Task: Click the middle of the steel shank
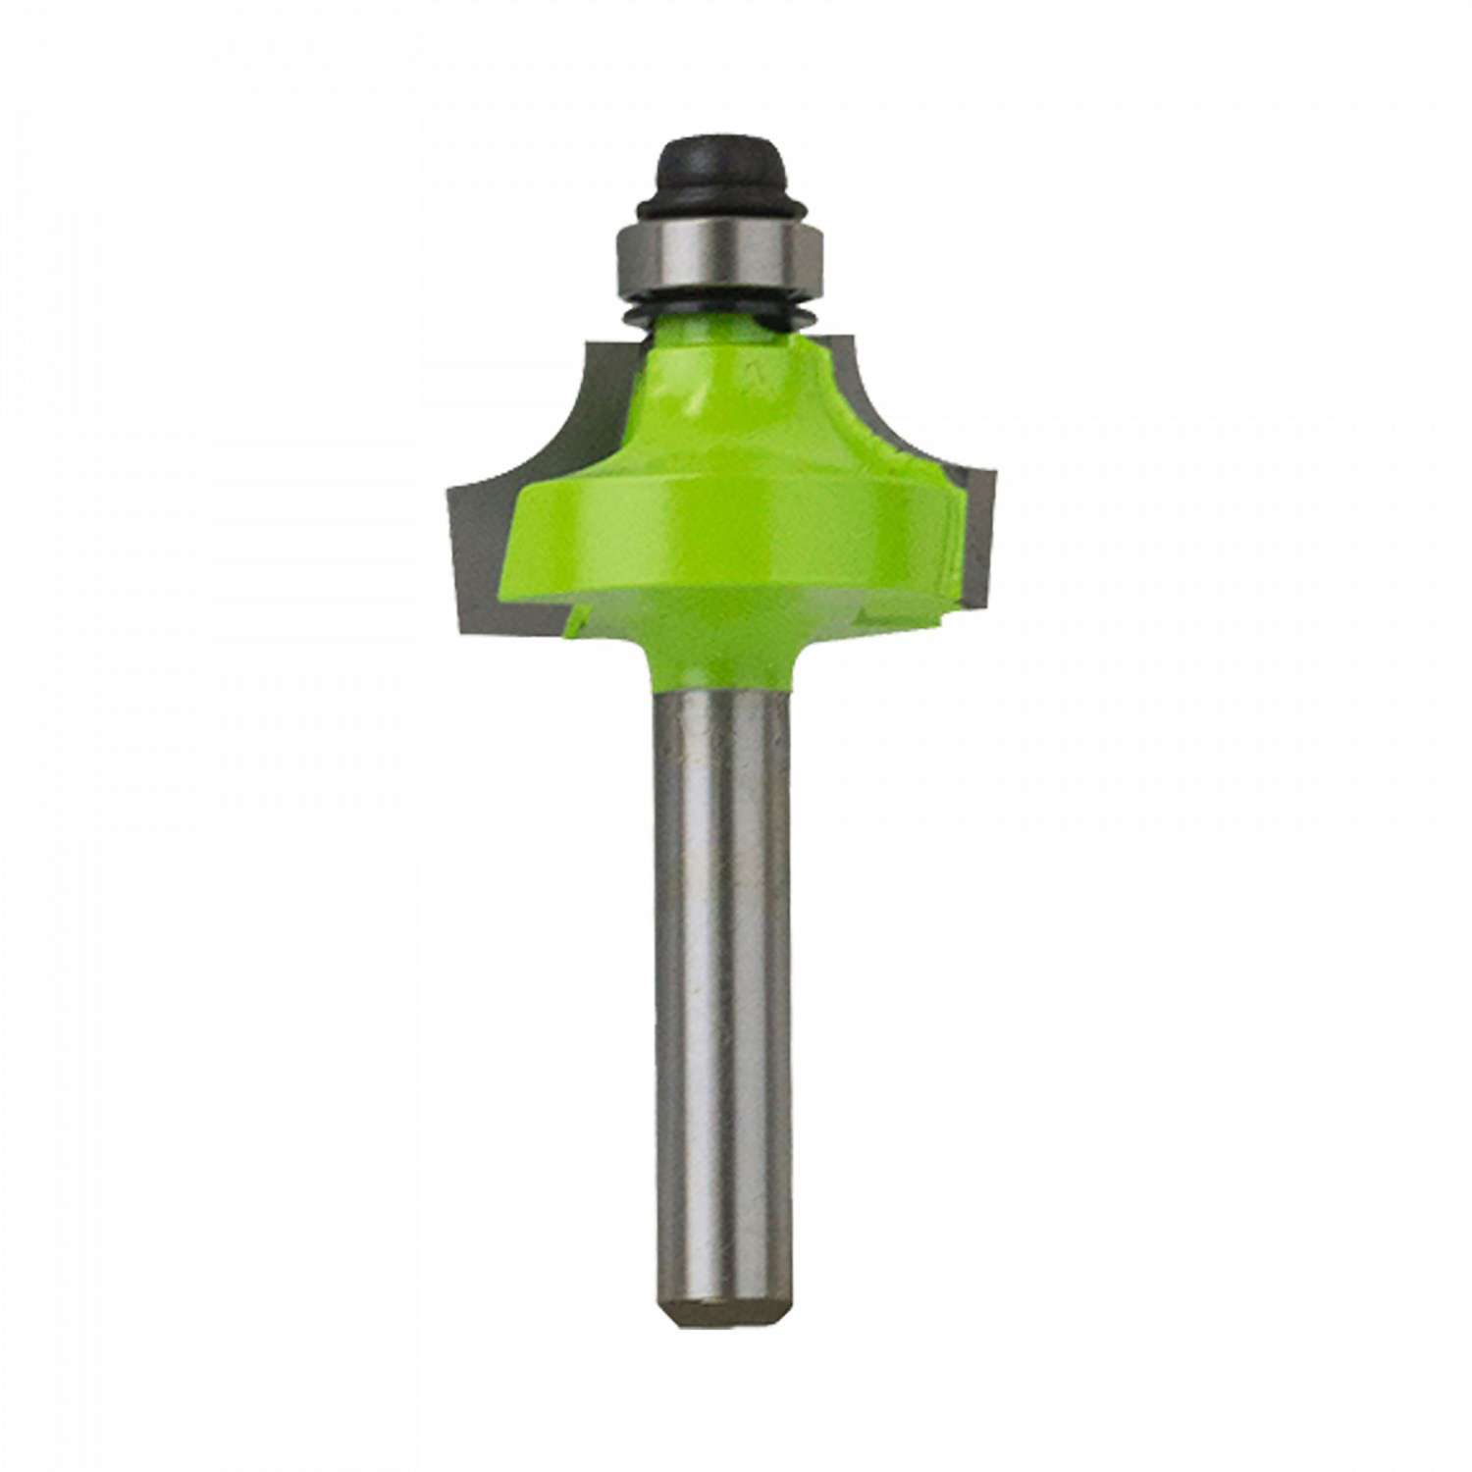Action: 721,981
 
